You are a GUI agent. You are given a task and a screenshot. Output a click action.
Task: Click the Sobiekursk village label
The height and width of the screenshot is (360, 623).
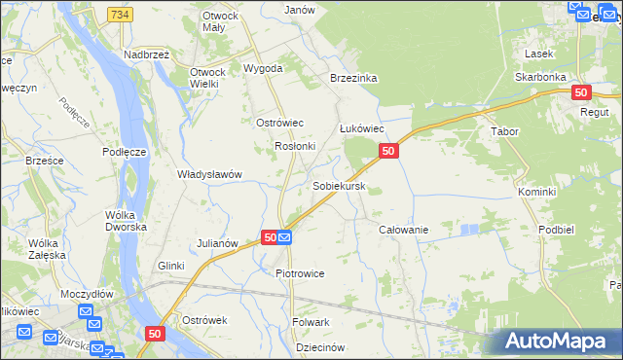[339, 185]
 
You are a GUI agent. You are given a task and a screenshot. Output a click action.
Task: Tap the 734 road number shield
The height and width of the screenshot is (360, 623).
[121, 15]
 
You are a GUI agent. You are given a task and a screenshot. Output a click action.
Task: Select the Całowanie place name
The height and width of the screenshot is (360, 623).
[403, 230]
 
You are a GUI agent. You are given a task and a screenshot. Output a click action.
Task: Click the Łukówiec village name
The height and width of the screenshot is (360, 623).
[362, 128]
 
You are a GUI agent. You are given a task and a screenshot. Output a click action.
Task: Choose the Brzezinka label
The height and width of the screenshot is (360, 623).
[353, 78]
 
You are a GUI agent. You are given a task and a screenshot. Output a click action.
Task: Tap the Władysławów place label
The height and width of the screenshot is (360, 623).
[209, 174]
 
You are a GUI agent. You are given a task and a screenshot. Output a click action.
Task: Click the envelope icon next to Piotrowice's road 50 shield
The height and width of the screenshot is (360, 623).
[285, 236]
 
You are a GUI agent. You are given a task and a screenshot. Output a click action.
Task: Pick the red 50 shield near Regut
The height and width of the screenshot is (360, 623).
[581, 92]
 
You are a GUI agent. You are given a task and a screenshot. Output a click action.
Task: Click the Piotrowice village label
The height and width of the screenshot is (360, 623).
[300, 273]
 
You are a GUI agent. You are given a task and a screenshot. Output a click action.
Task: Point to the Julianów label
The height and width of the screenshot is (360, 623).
[218, 242]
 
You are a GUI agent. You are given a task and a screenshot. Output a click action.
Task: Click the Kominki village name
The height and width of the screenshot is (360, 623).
[536, 192]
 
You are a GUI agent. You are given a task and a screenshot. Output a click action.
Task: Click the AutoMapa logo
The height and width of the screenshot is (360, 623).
[559, 342]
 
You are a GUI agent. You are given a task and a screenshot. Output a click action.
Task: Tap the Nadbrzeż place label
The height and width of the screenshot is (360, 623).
[147, 55]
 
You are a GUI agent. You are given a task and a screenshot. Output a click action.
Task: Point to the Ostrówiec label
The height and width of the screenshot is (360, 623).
[280, 122]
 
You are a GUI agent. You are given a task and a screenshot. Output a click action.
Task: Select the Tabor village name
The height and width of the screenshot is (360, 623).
[505, 131]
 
